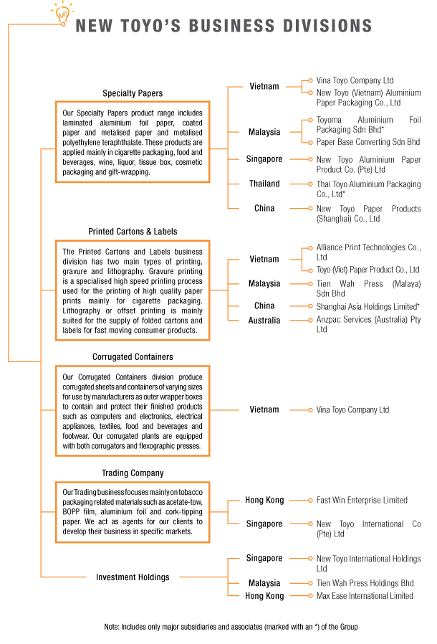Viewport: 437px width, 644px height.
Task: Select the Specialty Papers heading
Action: point(133,93)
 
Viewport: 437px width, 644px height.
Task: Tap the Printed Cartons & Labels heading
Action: point(133,232)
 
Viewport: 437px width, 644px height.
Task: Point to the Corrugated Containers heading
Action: point(133,356)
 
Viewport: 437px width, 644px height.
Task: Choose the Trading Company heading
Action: point(133,473)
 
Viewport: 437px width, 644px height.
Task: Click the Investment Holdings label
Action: point(133,577)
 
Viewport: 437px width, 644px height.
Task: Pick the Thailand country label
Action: point(264,184)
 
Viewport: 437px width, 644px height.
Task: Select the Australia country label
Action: point(264,320)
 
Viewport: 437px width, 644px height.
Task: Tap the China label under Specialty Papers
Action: point(264,208)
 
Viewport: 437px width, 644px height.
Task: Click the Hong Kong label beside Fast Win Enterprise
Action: point(264,500)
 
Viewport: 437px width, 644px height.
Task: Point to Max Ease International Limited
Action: point(365,595)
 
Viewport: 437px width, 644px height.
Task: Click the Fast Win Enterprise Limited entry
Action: point(362,500)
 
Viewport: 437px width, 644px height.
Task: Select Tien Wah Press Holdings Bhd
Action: point(365,583)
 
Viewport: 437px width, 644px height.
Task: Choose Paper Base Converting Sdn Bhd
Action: point(368,142)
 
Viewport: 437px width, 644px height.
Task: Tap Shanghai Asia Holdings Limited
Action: point(368,306)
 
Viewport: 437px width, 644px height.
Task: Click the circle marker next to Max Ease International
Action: point(309,595)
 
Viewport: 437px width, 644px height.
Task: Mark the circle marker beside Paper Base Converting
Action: point(309,142)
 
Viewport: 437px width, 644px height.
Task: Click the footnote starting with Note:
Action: point(230,627)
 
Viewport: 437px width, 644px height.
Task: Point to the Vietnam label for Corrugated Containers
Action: point(264,409)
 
